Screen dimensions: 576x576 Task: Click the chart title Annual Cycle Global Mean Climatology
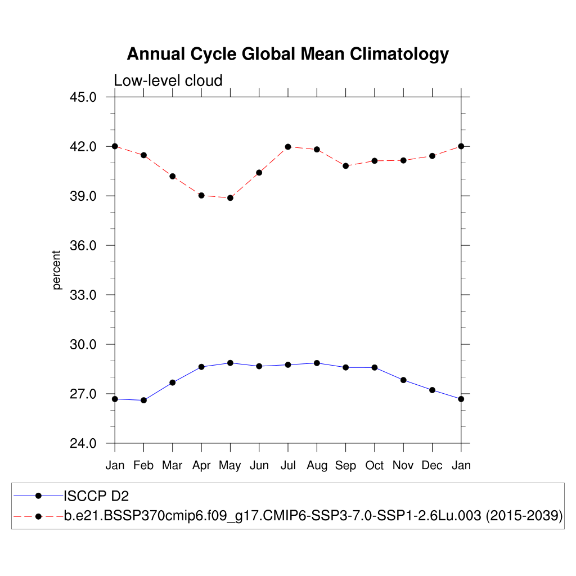coord(287,54)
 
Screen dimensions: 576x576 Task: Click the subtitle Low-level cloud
coord(168,80)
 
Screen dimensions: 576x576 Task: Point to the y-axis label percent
coord(57,270)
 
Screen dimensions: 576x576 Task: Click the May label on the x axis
coord(230,466)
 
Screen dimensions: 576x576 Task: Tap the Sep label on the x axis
coord(345,466)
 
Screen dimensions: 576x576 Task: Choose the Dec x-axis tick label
coord(432,466)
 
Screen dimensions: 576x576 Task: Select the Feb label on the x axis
coord(143,466)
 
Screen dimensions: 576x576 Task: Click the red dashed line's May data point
coord(230,198)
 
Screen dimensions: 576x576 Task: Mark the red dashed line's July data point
coord(288,147)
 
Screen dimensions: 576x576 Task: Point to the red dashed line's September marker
coord(345,166)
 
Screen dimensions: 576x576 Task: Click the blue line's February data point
coord(143,400)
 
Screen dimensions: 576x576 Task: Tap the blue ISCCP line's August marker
coord(317,363)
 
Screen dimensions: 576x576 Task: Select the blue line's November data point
coord(403,380)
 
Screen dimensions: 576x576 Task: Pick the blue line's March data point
coord(173,382)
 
